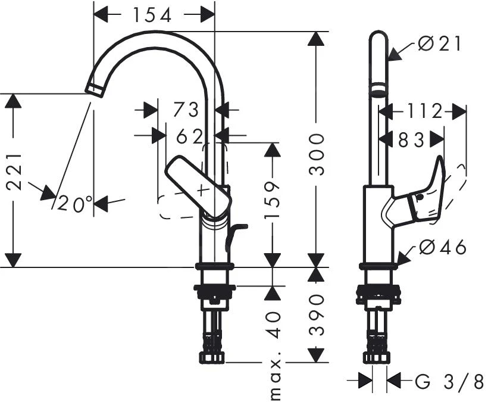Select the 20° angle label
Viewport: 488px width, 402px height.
coord(76,204)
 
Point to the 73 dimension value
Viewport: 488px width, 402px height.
coord(186,110)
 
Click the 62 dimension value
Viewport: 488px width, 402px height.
coord(190,136)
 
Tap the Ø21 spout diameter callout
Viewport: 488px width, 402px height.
coord(439,43)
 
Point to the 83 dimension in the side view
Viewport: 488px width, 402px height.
coord(411,139)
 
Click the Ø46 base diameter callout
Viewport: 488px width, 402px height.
coord(443,247)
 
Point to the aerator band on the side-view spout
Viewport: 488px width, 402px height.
coord(378,92)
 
